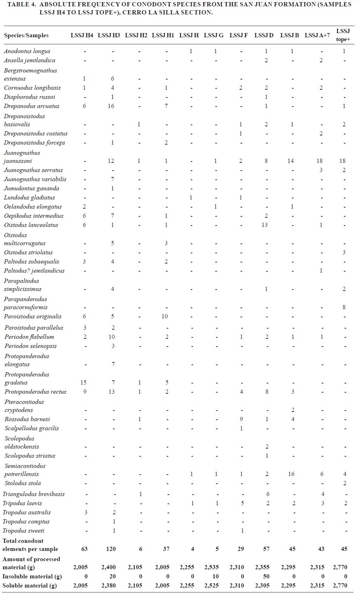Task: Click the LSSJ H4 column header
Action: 82,35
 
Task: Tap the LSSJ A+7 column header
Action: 317,35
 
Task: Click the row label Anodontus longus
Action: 27,51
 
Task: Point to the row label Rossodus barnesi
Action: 27,419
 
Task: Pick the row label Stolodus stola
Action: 22,483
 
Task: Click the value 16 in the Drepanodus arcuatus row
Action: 111,106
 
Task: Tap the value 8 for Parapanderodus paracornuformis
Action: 344,307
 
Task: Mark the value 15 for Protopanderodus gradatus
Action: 83,383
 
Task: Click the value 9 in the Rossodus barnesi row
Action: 241,419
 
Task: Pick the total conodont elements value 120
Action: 111,549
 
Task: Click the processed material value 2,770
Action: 340,567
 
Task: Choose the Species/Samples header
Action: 26,36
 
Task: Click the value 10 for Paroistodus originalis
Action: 165,317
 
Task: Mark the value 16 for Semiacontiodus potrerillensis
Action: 291,474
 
